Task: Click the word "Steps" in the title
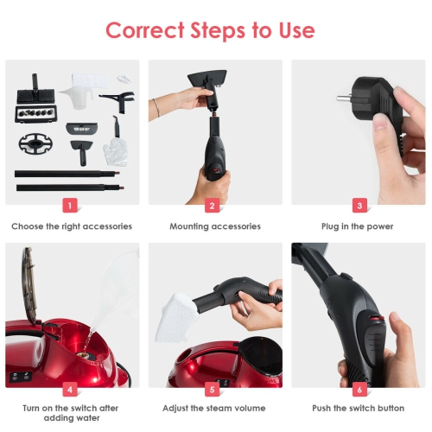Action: (218, 31)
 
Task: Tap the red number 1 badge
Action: (70, 206)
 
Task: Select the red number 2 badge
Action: (213, 206)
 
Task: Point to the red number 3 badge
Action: (359, 206)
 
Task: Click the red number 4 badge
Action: (70, 390)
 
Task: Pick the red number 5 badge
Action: (213, 390)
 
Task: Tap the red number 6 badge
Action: (359, 390)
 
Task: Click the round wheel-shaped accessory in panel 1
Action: (35, 143)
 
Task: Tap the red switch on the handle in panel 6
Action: (377, 319)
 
